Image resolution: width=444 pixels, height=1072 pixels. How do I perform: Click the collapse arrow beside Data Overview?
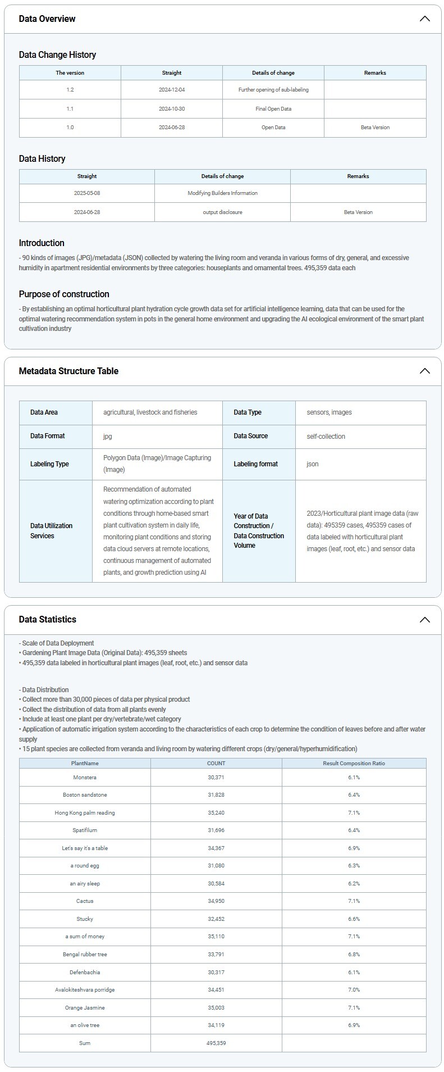point(424,19)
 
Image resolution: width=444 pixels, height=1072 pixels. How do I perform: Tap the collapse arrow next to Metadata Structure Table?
point(424,371)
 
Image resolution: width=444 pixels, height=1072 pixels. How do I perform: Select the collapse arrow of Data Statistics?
point(424,619)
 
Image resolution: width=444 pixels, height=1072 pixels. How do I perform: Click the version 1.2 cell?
point(70,90)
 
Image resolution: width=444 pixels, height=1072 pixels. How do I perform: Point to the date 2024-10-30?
point(172,109)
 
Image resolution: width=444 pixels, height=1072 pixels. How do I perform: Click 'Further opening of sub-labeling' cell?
point(273,90)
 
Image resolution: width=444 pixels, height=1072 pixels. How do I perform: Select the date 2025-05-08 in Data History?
point(87,193)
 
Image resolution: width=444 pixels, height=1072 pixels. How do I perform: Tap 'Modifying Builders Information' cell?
point(222,193)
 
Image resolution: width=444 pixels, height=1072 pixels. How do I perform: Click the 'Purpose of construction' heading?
point(64,294)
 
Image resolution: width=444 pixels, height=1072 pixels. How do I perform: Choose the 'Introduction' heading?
point(42,243)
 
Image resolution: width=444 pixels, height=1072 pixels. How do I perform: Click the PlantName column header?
point(85,763)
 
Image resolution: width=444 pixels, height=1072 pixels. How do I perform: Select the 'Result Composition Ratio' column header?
point(354,763)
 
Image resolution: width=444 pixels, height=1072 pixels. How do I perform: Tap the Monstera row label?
point(85,778)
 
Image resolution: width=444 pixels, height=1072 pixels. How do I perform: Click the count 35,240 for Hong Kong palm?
point(216,813)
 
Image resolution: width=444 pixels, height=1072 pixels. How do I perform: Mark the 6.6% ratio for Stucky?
point(354,919)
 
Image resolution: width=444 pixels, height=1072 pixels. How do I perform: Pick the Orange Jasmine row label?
point(85,1008)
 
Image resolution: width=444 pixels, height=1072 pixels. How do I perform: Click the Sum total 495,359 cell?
point(216,1043)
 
